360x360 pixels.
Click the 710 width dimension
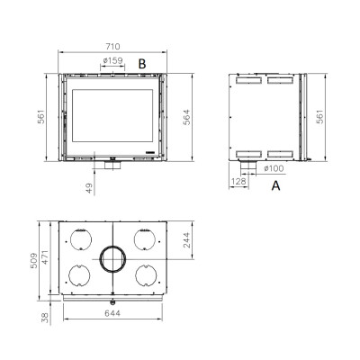112,47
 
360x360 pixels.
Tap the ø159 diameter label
112,60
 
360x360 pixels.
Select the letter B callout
142,64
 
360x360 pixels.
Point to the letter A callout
275,185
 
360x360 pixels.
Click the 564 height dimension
186,117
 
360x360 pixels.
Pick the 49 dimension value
89,188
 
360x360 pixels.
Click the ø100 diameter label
274,168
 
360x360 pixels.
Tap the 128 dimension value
238,181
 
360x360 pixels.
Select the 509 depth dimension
34,260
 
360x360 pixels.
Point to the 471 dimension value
45,257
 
